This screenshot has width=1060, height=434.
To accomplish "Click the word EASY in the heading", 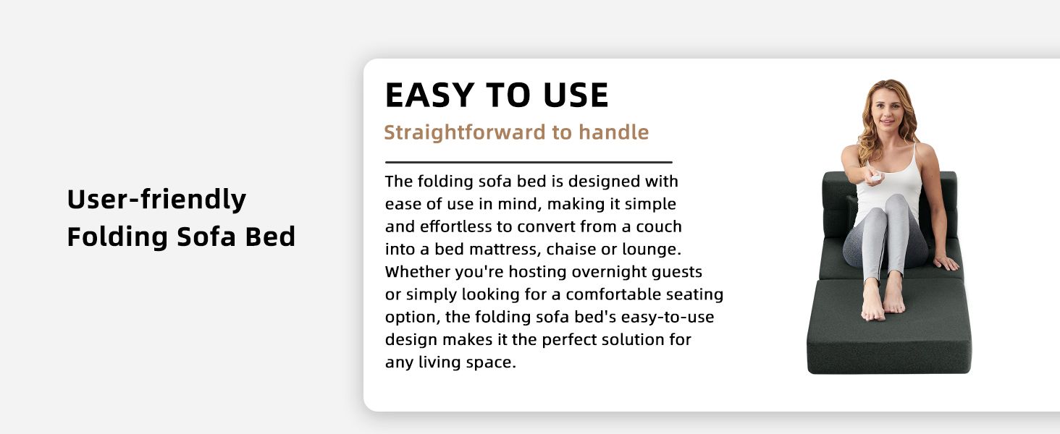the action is click(x=429, y=95).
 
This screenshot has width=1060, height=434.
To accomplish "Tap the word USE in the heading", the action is click(x=576, y=95).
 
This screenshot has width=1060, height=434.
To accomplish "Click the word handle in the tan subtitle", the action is click(x=613, y=132).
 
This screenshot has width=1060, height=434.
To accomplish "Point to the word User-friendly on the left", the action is click(x=156, y=199).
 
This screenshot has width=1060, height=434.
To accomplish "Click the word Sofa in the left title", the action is click(x=206, y=237).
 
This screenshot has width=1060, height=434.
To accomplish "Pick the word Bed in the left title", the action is click(x=270, y=237).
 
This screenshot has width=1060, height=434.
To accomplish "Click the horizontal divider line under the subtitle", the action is click(x=529, y=162).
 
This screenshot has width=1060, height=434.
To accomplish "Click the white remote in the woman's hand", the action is click(x=875, y=178).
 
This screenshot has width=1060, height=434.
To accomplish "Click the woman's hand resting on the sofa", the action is click(x=946, y=262).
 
